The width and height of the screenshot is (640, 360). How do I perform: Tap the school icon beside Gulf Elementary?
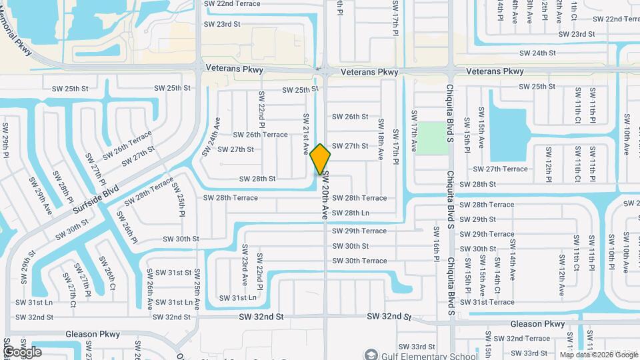click(x=370, y=353)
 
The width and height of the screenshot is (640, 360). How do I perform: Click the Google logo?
click(x=22, y=351)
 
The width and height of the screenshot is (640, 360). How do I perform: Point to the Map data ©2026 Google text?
click(x=597, y=355)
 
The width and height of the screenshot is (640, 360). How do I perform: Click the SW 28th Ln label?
click(x=351, y=213)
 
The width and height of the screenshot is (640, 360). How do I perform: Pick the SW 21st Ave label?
click(x=306, y=132)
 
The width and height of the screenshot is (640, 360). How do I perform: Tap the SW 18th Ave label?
click(x=381, y=139)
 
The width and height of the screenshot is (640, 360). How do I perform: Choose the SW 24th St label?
click(x=537, y=53)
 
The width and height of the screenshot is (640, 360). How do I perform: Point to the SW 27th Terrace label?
click(x=500, y=169)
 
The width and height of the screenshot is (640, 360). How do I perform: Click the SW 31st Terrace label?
click(x=492, y=302)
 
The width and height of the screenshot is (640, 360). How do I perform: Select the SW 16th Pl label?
click(x=436, y=243)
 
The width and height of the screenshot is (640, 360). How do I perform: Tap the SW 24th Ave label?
click(x=216, y=133)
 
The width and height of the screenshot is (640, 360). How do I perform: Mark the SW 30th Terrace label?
click(x=360, y=261)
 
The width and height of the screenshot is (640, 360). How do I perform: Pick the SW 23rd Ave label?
click(x=245, y=265)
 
